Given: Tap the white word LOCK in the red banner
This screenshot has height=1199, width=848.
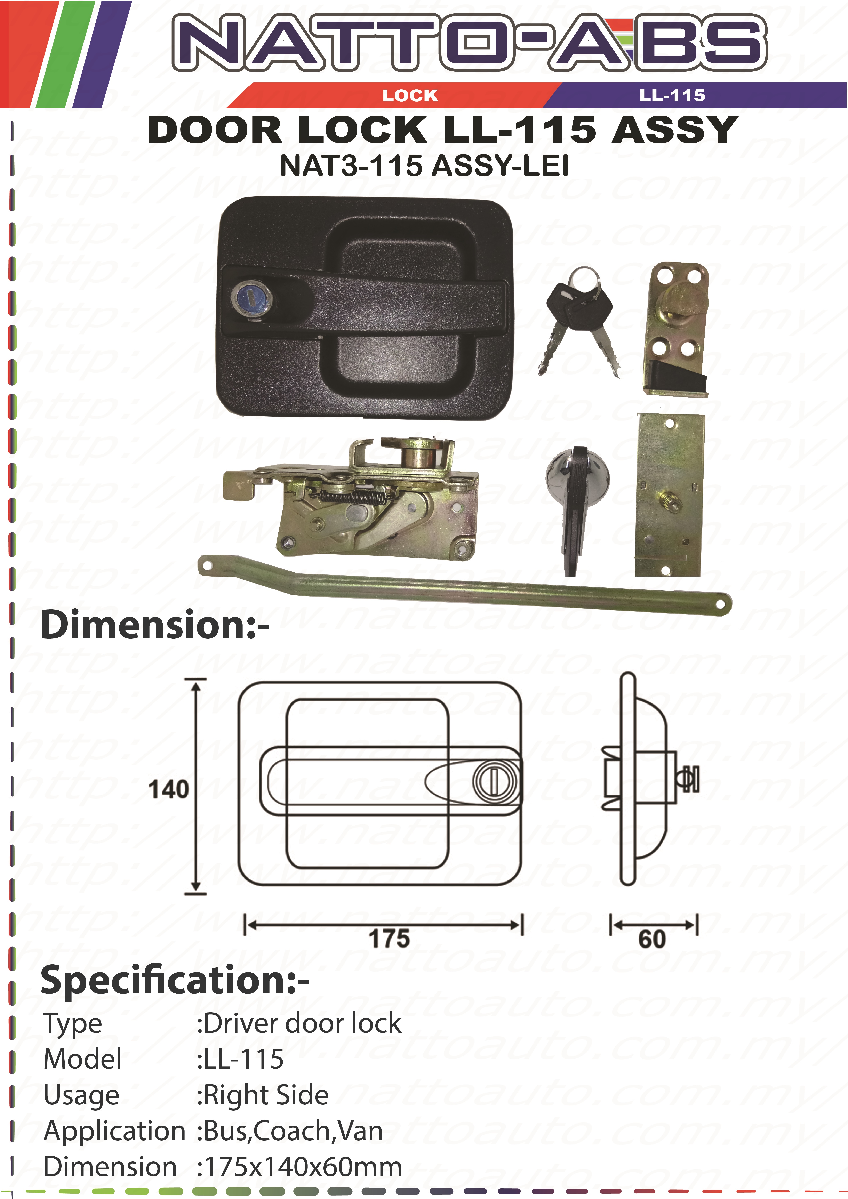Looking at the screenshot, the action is click(410, 96).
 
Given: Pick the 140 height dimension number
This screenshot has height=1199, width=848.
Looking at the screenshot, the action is click(168, 790).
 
